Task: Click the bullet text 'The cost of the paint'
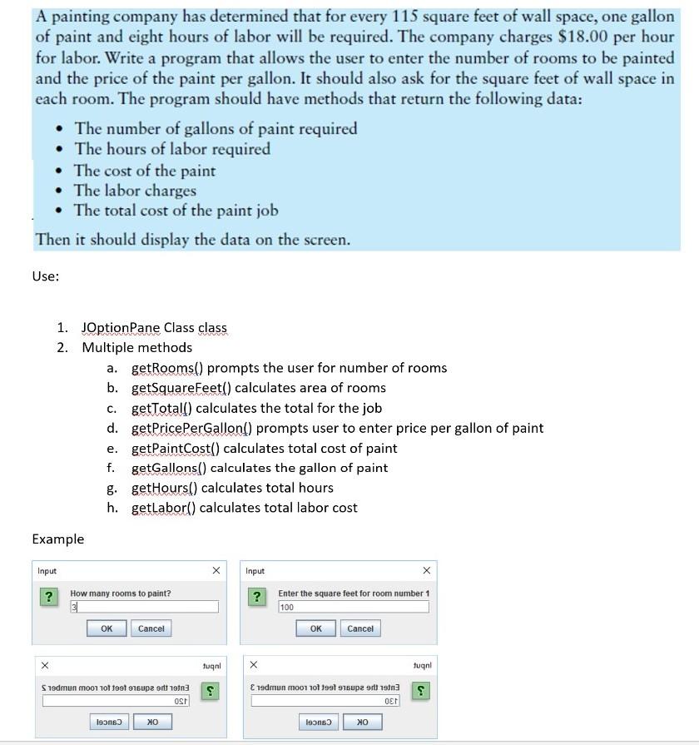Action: [x=145, y=171]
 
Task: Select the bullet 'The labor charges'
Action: [x=135, y=191]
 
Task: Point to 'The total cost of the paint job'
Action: [x=176, y=211]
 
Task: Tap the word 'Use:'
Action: [x=46, y=276]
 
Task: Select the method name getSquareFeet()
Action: [x=181, y=388]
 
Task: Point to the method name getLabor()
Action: [x=164, y=508]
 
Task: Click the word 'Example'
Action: [x=58, y=539]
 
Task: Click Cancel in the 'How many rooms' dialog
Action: [x=151, y=628]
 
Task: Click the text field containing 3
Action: [x=143, y=608]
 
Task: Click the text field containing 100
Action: [x=353, y=608]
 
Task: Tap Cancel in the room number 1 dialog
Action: [x=360, y=628]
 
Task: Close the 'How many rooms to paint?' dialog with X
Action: [x=216, y=570]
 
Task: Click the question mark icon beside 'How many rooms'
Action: [x=49, y=597]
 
